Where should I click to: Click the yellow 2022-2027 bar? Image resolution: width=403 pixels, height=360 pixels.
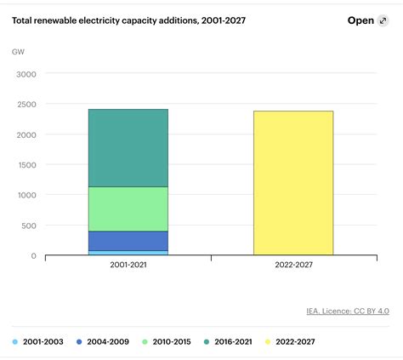coord(293,182)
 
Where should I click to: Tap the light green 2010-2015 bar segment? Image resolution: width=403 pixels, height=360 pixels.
coord(128,209)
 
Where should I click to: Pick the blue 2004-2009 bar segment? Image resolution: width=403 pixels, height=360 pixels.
coord(128,240)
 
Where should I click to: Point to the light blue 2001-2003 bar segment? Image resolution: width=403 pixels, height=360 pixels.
coord(128,252)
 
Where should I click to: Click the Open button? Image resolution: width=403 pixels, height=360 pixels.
coord(361,21)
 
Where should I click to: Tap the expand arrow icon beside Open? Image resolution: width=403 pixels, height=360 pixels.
coord(383,21)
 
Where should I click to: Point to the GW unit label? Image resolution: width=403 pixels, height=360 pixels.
coord(18,52)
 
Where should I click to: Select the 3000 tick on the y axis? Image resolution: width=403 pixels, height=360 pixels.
coord(26,74)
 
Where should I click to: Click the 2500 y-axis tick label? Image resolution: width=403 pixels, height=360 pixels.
coord(26,105)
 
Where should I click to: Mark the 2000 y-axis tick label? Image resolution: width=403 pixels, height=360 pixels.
coord(26,134)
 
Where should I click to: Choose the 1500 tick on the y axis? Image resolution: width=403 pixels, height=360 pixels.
coord(26,165)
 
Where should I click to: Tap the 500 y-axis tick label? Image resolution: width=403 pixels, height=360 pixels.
coord(30,226)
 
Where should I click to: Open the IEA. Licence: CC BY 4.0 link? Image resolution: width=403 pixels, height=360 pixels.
coord(349,311)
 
